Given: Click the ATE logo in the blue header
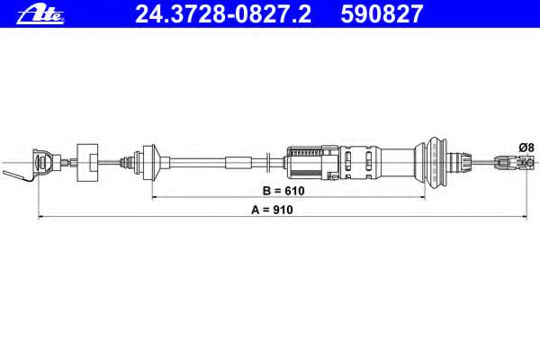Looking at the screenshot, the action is [40, 15].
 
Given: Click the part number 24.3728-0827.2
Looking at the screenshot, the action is [223, 14].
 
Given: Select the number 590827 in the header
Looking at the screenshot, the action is [382, 14].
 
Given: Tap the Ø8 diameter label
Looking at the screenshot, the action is [526, 148].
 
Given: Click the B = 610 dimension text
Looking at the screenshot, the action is [283, 191].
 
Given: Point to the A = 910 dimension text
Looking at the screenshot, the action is [272, 210].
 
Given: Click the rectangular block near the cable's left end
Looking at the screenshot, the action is [87, 163].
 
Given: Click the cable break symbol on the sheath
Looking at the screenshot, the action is [269, 162].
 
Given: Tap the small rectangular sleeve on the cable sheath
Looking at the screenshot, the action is [238, 163].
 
